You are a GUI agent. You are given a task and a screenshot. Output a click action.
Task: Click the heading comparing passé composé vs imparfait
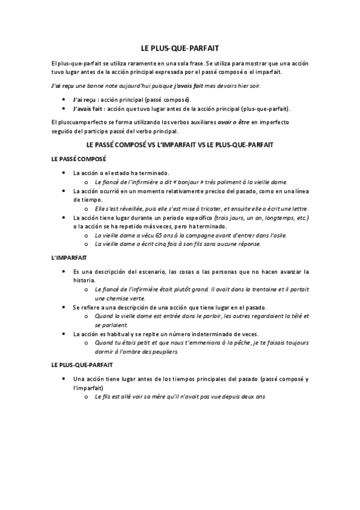[x=180, y=145]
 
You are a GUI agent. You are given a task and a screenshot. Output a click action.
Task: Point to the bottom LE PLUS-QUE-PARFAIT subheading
[x=81, y=364]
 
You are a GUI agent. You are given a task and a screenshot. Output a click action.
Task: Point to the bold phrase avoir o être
[x=235, y=122]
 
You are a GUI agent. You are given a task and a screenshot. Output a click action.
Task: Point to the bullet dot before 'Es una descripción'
[x=64, y=272]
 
